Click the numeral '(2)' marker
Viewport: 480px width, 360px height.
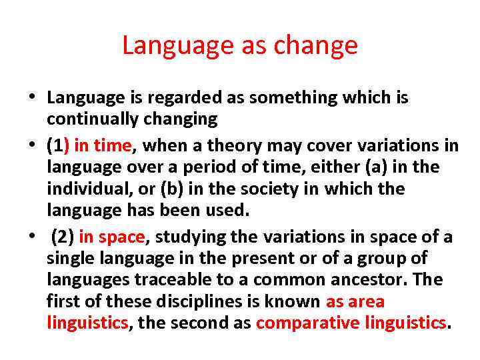pyautogui.click(x=63, y=237)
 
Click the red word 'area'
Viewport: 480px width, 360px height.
pyautogui.click(x=367, y=302)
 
